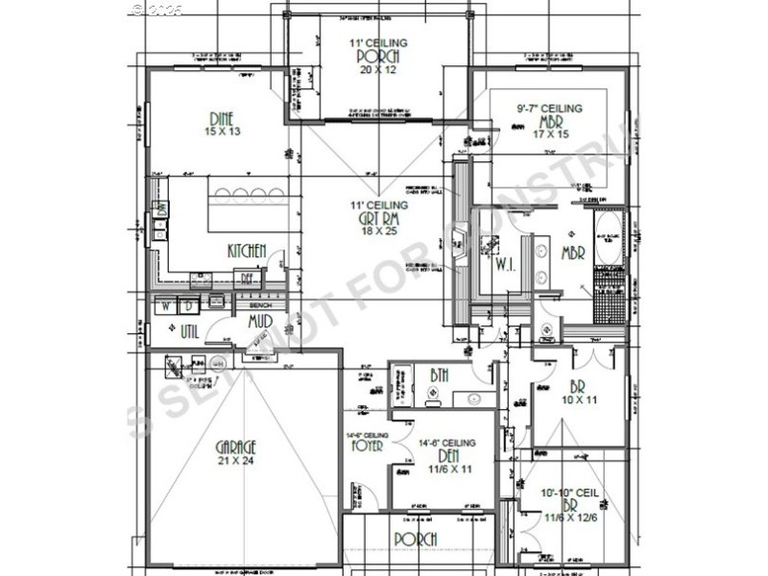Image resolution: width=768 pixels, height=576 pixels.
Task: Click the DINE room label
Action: point(223,118)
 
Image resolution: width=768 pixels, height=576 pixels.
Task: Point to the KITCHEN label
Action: point(247,251)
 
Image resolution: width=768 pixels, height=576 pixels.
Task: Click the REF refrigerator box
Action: point(247,278)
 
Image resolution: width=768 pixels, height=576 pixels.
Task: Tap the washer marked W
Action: point(165,307)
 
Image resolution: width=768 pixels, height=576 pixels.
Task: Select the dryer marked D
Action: point(188,307)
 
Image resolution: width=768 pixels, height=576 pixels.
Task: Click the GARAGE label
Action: point(236,446)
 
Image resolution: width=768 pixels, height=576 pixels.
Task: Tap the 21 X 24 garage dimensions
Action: point(236,461)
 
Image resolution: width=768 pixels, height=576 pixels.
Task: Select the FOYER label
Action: point(368,445)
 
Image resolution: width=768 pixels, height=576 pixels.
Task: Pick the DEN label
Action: point(447,456)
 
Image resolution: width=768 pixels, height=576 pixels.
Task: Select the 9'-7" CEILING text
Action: point(543,108)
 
